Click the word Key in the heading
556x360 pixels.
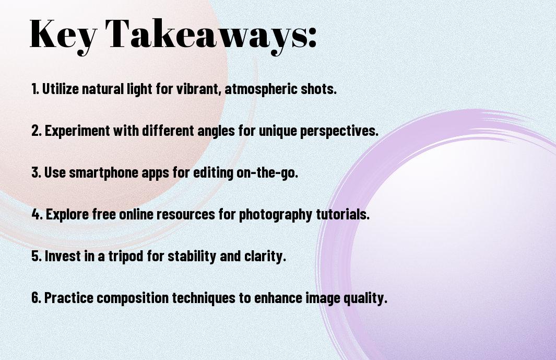pyautogui.click(x=63, y=35)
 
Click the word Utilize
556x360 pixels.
pyautogui.click(x=60, y=89)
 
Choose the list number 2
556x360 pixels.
pyautogui.click(x=37, y=131)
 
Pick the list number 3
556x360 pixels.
pyautogui.click(x=36, y=172)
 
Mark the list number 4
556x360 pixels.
pyautogui.click(x=37, y=214)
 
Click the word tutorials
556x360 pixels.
pyautogui.click(x=342, y=214)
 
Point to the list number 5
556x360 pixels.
pyautogui.click(x=37, y=256)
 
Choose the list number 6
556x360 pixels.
pyautogui.click(x=37, y=298)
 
